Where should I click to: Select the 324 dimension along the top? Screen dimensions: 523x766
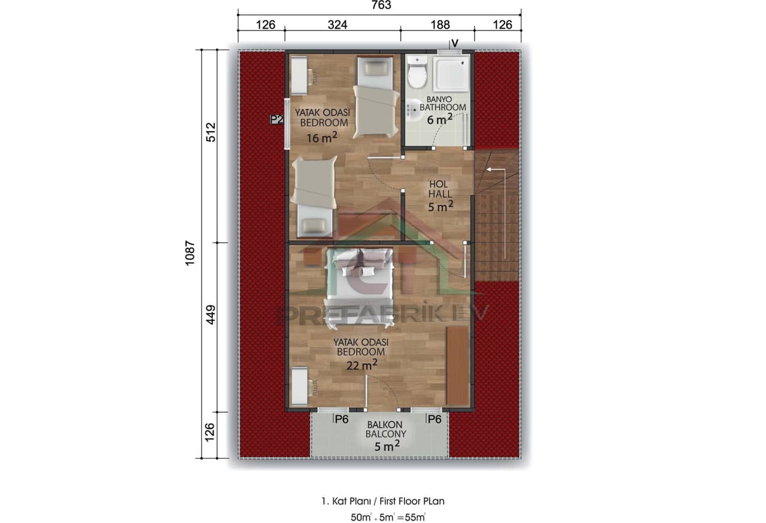tap(338, 25)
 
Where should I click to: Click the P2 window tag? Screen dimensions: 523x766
tap(276, 120)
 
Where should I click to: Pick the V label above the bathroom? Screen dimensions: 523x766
tap(455, 42)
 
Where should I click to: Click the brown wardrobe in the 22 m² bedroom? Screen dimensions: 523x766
tap(458, 365)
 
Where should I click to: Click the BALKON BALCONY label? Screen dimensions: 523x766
tap(385, 429)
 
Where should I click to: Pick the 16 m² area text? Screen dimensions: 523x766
tap(322, 138)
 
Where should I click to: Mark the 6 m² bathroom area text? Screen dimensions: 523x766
tap(442, 120)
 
